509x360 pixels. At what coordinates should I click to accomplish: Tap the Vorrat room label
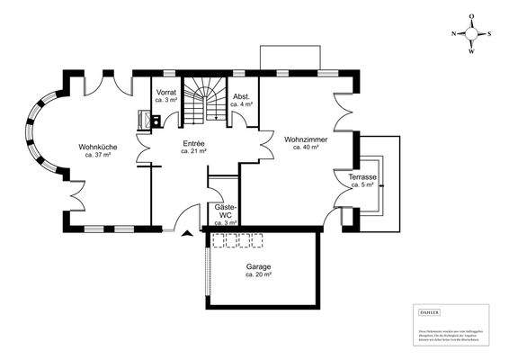tap(165, 93)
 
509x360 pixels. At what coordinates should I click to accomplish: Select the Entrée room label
tap(193, 144)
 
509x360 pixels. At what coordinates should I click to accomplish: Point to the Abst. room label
tap(241, 96)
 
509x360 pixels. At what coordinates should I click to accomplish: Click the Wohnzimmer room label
tap(305, 140)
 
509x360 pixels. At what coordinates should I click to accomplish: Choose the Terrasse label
tap(363, 177)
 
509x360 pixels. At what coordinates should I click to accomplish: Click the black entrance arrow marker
tap(187, 234)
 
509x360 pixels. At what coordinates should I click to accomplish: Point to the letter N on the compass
tap(454, 33)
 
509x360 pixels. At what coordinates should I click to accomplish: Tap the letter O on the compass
tap(472, 16)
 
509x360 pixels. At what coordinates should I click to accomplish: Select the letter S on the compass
tap(489, 33)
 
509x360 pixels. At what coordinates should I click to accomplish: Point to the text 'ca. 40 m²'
tap(305, 148)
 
